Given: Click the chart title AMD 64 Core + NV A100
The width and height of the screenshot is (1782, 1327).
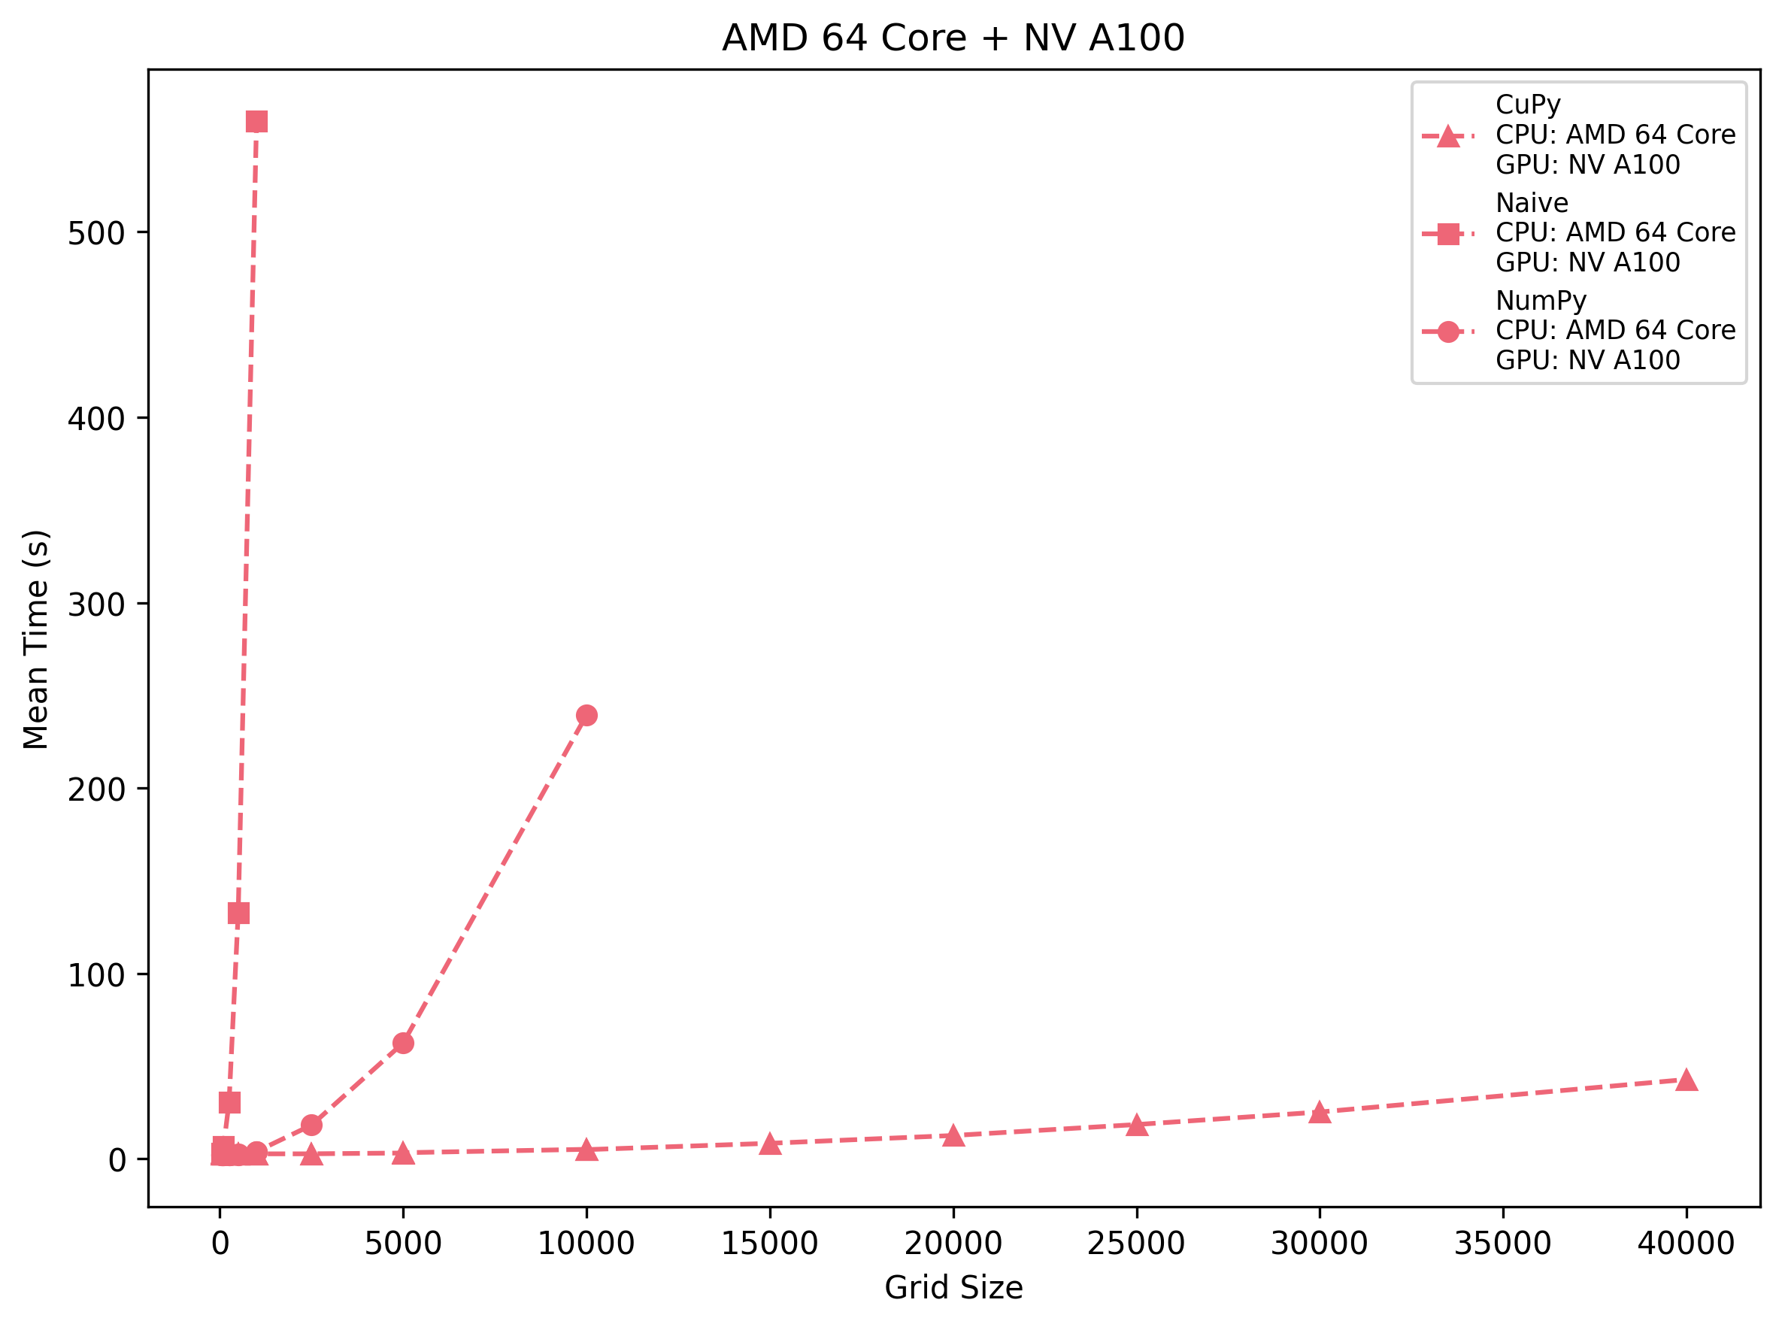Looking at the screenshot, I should click(x=953, y=38).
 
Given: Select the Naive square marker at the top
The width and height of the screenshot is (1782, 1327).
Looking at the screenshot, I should click(x=256, y=121).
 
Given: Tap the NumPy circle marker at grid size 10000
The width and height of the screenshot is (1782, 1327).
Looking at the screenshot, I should click(x=586, y=715).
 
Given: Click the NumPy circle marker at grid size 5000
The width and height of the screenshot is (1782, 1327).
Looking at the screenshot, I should click(x=403, y=1044).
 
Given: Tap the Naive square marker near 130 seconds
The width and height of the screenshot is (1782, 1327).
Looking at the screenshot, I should click(x=238, y=913).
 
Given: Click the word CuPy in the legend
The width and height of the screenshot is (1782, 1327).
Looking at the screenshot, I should click(x=1527, y=105).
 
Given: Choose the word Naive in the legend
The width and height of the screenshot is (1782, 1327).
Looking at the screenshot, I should click(x=1532, y=202).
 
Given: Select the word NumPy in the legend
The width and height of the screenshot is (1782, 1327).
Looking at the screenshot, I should click(x=1540, y=301).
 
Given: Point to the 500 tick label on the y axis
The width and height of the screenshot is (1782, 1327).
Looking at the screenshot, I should click(x=96, y=234).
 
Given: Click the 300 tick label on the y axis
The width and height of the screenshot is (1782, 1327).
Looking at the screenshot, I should click(x=96, y=604).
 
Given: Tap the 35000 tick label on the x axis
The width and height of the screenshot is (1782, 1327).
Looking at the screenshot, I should click(x=1502, y=1244).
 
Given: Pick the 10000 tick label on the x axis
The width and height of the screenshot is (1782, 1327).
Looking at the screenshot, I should click(x=586, y=1244).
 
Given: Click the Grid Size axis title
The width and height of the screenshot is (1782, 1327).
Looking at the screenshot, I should click(x=953, y=1288).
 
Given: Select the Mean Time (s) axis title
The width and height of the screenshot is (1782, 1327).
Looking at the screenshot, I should click(x=37, y=638).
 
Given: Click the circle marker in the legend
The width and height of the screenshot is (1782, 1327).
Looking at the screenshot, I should click(x=1447, y=332).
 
